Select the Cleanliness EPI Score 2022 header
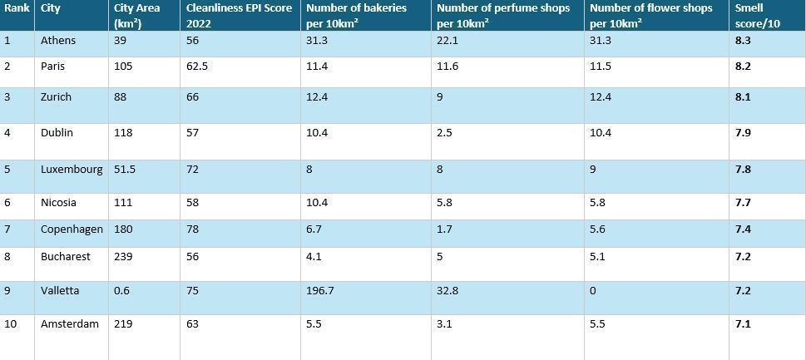(x=239, y=16)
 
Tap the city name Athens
(x=58, y=41)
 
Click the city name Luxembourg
(x=72, y=170)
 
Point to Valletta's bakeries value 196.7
(x=319, y=291)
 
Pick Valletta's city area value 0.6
(x=122, y=291)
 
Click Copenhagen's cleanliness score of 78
(x=193, y=229)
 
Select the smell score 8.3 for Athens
(x=743, y=41)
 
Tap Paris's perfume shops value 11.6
(x=448, y=67)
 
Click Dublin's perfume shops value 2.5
(x=445, y=133)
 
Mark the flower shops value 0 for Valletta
(x=593, y=291)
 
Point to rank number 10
(x=10, y=324)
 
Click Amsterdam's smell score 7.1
(x=743, y=324)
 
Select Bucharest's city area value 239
(x=123, y=256)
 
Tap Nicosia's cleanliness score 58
(x=193, y=202)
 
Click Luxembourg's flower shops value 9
(x=593, y=170)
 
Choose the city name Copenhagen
(x=72, y=229)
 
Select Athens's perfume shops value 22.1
(x=448, y=41)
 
